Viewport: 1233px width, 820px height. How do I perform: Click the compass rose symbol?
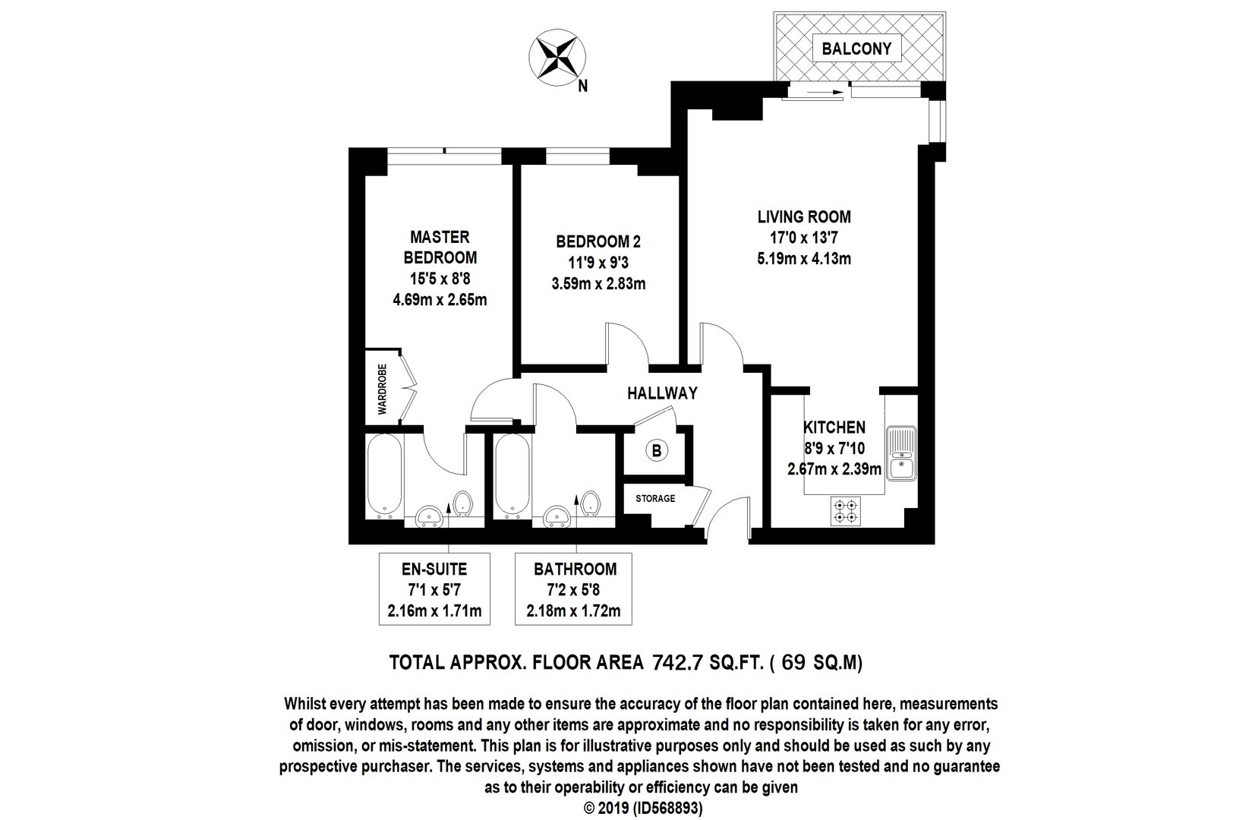tap(557, 57)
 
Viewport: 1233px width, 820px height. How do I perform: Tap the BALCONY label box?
tap(856, 49)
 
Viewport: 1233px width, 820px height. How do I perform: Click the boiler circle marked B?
tap(656, 451)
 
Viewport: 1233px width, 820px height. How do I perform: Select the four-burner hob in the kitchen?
tap(845, 511)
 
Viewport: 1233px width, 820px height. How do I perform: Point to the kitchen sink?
tap(902, 453)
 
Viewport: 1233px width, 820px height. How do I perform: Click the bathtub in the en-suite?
tap(384, 477)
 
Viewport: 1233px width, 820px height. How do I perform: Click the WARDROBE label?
tap(382, 389)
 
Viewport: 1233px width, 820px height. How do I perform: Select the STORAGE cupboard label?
tap(655, 499)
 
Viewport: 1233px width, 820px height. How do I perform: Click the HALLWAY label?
tap(662, 393)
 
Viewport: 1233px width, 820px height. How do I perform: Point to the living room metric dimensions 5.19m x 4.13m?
tap(803, 259)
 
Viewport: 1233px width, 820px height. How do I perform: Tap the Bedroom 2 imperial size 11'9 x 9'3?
tap(598, 263)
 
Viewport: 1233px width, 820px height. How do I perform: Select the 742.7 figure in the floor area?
tap(677, 663)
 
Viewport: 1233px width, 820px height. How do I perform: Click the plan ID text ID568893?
tap(667, 808)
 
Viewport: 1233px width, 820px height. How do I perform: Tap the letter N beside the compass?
tap(583, 87)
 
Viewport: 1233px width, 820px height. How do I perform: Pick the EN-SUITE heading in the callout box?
tap(434, 569)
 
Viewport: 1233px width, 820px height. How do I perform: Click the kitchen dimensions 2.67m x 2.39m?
tap(834, 469)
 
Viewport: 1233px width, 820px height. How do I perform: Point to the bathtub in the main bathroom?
tap(512, 477)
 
